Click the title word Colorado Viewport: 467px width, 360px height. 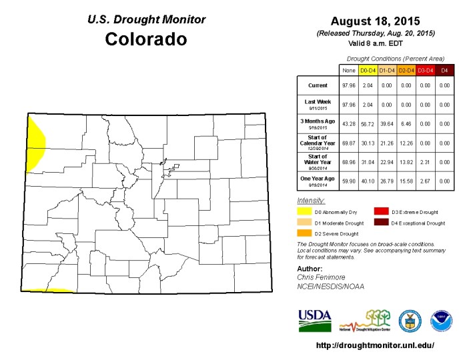point(146,39)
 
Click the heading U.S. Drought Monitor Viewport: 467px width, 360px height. point(146,19)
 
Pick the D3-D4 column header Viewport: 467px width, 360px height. point(426,69)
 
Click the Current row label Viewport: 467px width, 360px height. point(317,85)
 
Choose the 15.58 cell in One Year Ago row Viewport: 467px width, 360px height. point(406,180)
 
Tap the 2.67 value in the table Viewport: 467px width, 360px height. point(426,180)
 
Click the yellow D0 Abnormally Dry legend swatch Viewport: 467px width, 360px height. point(304,211)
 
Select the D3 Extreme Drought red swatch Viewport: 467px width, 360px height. point(382,211)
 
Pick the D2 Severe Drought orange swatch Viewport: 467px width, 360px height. point(304,233)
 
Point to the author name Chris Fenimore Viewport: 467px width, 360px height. point(321,277)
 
